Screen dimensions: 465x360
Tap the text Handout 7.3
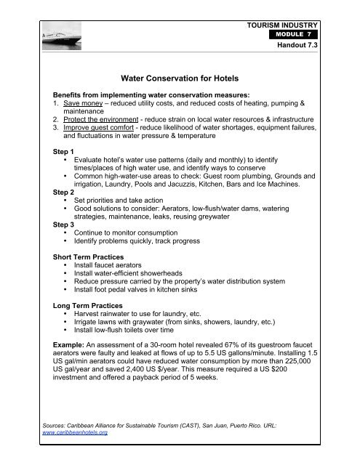298,45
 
